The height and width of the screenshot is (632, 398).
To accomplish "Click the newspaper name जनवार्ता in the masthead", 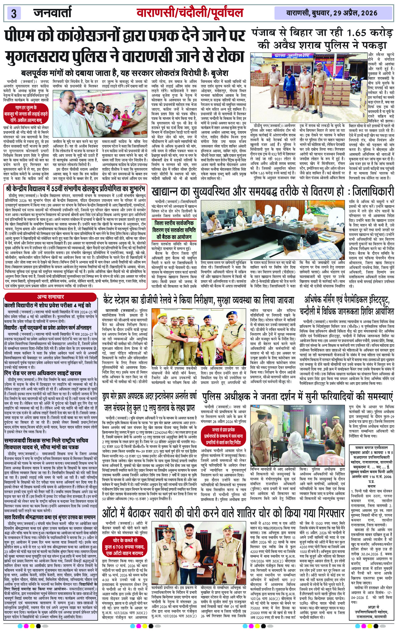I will point(52,12).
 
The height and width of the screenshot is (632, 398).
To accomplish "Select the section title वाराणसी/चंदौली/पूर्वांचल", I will point(190,13).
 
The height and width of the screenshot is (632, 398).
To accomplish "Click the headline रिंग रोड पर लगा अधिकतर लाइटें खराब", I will point(42,373).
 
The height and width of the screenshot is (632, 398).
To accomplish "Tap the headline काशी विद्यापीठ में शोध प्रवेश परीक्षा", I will point(47,305).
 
